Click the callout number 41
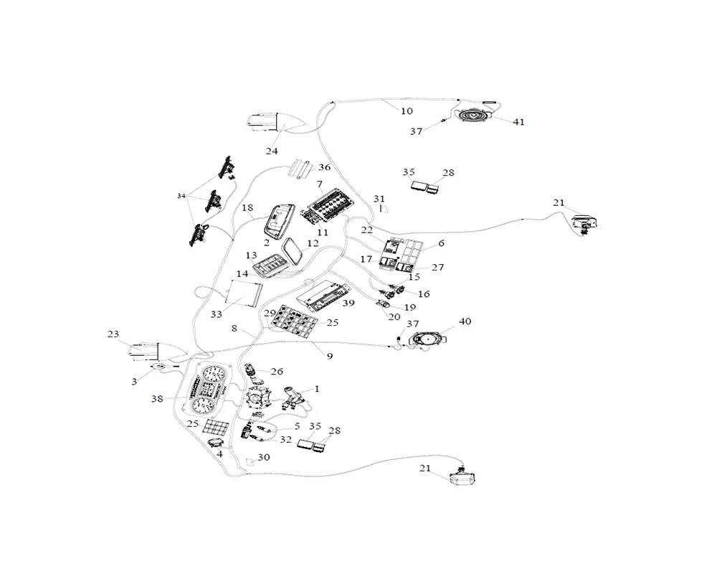518,122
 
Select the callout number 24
272,151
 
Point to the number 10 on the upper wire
407,110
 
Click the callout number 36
324,167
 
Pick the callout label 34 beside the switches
181,195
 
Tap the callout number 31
379,199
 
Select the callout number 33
216,314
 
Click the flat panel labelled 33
242,293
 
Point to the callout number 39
348,304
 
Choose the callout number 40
465,321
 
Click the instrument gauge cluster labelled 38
208,391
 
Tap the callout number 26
277,371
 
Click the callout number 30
264,456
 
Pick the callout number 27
438,268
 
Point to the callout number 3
134,382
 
